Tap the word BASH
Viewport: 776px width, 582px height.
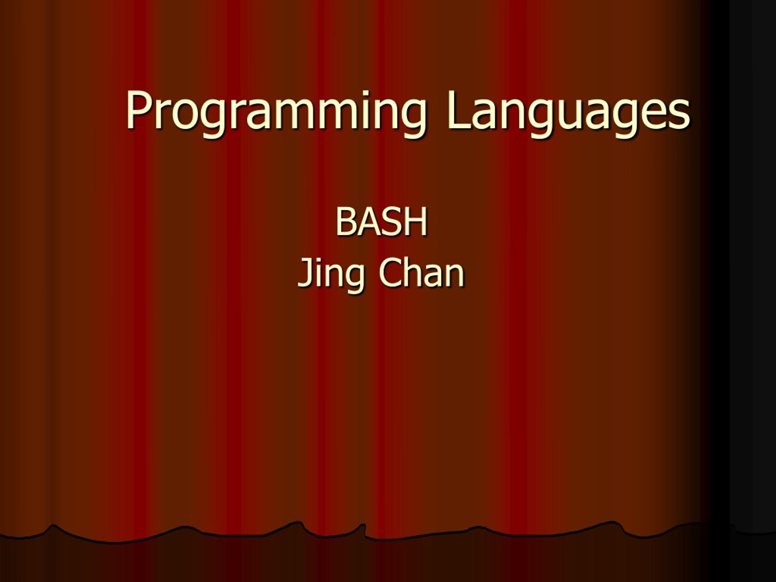381,221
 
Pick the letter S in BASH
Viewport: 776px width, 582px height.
393,221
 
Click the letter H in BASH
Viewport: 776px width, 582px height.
416,221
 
